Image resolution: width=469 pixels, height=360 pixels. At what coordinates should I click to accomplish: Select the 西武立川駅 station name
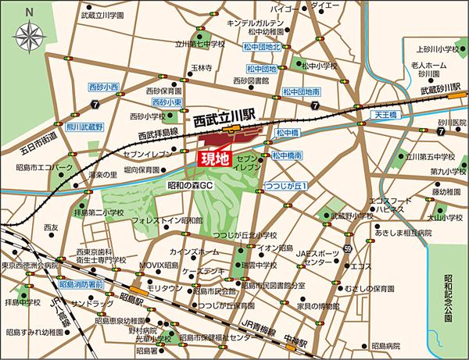click(x=226, y=123)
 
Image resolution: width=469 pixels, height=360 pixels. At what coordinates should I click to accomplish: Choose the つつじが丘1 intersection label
click(x=288, y=187)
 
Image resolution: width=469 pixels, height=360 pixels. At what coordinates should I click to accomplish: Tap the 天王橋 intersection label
click(x=385, y=115)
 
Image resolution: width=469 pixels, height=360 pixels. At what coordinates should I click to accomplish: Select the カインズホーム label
click(x=199, y=252)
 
